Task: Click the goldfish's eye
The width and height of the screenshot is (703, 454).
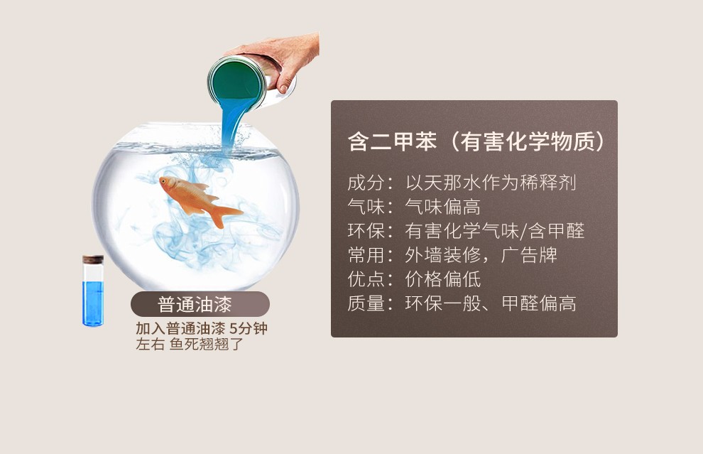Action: (164, 181)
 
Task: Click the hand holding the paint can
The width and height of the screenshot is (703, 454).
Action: (281, 58)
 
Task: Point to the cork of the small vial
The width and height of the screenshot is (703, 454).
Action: (93, 260)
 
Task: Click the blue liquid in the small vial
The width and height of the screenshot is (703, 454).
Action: (93, 303)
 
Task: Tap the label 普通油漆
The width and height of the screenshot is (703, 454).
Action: (195, 305)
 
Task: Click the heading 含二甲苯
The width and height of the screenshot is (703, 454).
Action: (392, 141)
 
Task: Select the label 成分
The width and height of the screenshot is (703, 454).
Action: (366, 183)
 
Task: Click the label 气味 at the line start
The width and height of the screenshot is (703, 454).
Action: (366, 207)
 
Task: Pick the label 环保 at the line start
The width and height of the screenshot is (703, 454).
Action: (366, 231)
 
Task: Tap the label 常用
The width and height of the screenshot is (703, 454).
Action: (366, 255)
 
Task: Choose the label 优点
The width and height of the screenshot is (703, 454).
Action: (366, 279)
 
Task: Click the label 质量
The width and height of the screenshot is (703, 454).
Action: (366, 303)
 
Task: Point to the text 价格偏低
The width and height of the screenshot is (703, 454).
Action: (443, 279)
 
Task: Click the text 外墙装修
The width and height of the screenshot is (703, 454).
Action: (443, 255)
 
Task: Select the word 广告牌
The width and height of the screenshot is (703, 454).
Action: (529, 255)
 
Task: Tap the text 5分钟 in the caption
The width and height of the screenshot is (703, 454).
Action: (249, 328)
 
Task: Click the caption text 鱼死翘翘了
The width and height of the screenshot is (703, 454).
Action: (207, 344)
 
